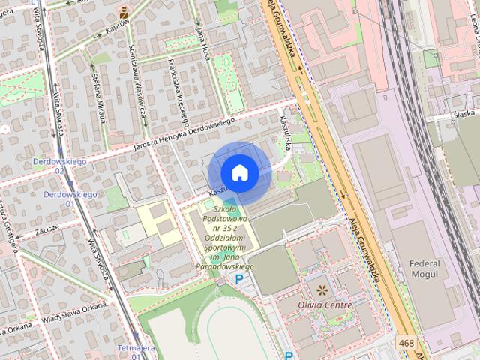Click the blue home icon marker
coord(240,172)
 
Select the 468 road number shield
coord(405,343)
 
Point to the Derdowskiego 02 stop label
coord(59,166)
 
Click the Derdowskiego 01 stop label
coord(68,199)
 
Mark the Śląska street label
coord(465,114)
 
